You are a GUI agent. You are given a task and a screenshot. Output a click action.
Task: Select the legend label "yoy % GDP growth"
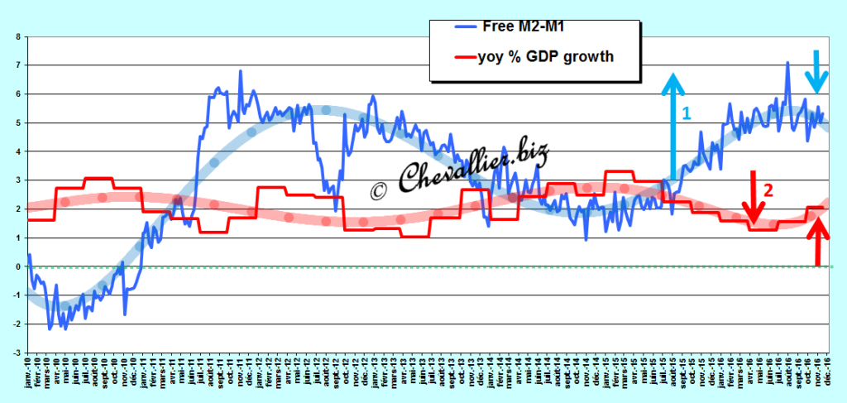point(547,57)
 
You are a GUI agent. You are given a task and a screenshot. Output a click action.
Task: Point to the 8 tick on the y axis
point(18,36)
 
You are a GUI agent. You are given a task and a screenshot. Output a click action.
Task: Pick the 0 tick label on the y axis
point(18,267)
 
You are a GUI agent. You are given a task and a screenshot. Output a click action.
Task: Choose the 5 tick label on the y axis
point(18,122)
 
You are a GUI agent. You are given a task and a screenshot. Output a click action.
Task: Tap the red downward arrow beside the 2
point(753,197)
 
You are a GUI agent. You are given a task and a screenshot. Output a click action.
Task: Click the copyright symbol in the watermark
point(378,190)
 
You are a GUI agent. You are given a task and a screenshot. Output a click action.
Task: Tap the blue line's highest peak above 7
point(787,63)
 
